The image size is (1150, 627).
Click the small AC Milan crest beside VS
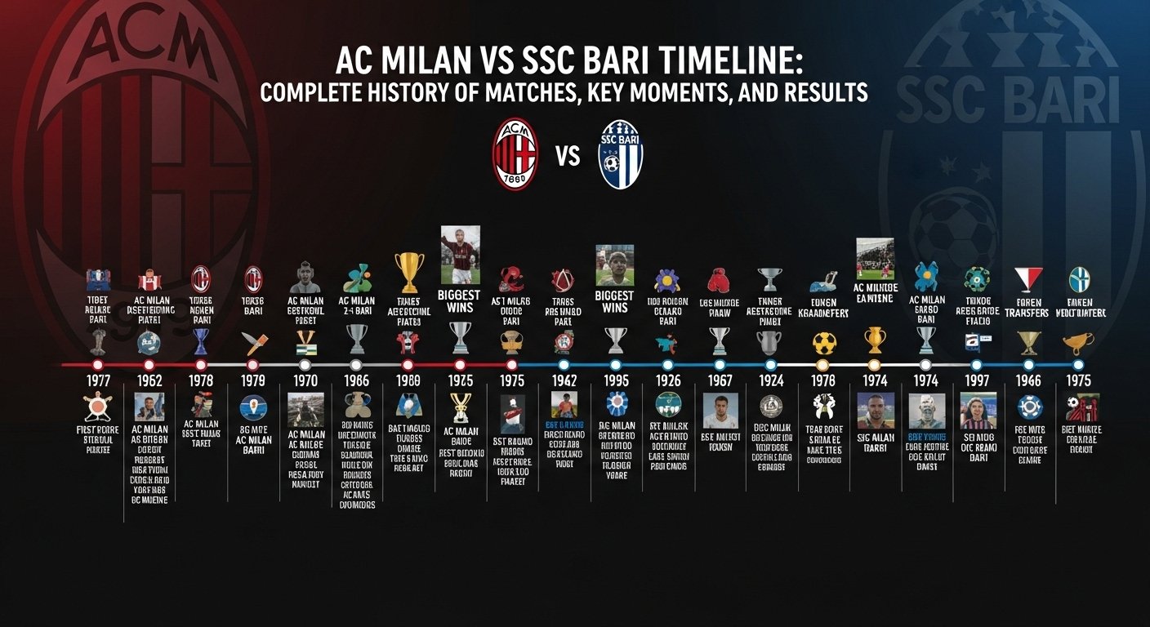(x=515, y=154)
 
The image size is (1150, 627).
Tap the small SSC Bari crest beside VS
(x=621, y=154)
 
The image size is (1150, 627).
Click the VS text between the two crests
(x=568, y=155)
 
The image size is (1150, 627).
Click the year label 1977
(x=97, y=380)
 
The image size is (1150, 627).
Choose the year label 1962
(x=149, y=380)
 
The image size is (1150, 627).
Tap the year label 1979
(x=252, y=380)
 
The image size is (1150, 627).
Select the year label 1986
(x=356, y=380)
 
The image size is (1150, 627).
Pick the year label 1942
(x=564, y=380)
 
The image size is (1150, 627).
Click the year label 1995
(x=615, y=380)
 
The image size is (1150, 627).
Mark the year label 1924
(x=771, y=380)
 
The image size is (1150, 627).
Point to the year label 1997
(x=977, y=380)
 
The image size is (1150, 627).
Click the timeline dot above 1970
(x=305, y=364)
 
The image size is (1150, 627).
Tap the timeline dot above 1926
(x=668, y=364)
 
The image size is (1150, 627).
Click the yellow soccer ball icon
(x=822, y=342)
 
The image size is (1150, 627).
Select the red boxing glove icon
(x=719, y=279)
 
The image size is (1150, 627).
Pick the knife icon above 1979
(x=252, y=342)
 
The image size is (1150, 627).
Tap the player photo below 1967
(x=720, y=410)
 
